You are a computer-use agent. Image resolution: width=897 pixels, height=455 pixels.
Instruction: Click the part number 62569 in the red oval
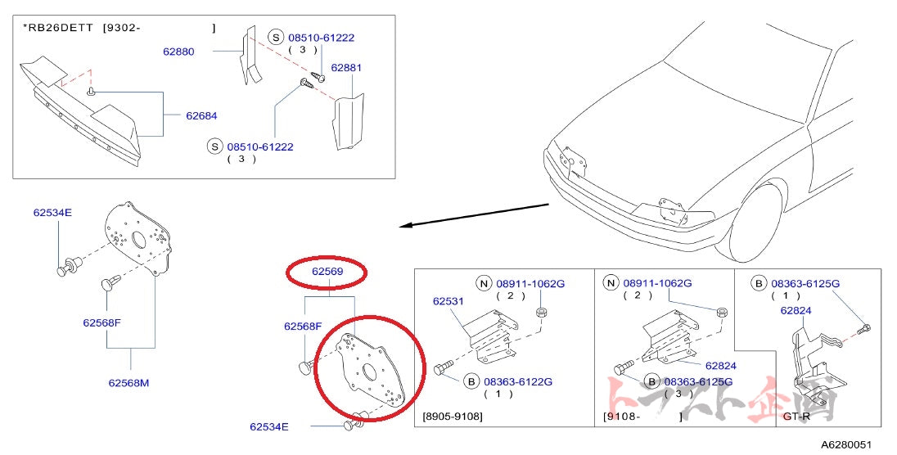327,271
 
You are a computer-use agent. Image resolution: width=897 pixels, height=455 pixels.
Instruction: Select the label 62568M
129,381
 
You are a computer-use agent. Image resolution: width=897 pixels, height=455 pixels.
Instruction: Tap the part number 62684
201,115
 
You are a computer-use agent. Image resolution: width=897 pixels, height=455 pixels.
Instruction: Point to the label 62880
178,51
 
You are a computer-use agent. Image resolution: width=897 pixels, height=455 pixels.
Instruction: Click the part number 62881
346,68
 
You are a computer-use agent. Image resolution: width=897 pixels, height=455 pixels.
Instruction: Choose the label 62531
448,301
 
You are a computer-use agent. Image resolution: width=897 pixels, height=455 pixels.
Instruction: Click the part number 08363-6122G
518,381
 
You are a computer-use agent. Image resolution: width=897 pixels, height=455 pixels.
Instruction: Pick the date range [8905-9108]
453,416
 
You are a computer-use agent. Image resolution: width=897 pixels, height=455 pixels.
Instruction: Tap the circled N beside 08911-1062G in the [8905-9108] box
485,283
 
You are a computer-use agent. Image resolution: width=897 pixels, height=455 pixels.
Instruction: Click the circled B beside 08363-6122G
471,381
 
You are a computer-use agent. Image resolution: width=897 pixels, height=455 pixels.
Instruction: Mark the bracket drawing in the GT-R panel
814,368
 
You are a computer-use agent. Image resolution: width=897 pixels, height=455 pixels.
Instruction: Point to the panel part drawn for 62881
347,124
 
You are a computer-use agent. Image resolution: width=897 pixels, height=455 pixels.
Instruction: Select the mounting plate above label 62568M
137,237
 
